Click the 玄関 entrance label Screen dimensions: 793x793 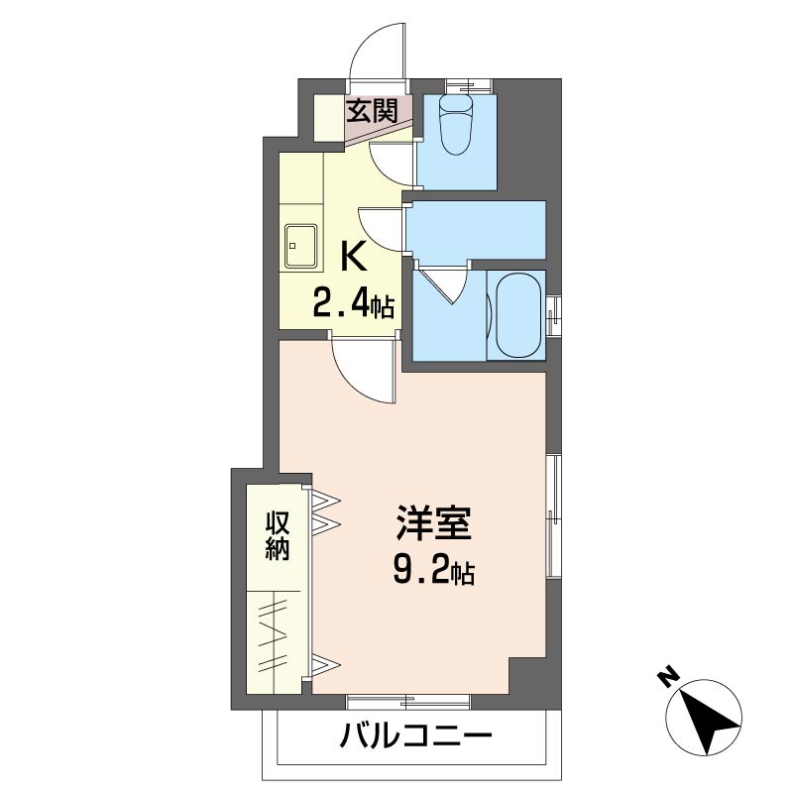(372, 111)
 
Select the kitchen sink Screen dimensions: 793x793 (301, 246)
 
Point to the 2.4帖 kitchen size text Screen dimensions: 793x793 (354, 302)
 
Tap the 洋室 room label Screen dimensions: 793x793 (433, 522)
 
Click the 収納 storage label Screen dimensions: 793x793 (278, 536)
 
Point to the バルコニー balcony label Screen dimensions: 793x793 (415, 735)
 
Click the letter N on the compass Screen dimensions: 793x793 (668, 679)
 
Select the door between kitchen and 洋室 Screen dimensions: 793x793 (363, 371)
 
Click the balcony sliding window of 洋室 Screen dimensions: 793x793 (408, 702)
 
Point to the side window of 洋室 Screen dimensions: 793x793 (553, 515)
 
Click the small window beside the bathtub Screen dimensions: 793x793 (553, 316)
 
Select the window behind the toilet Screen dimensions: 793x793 (468, 86)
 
